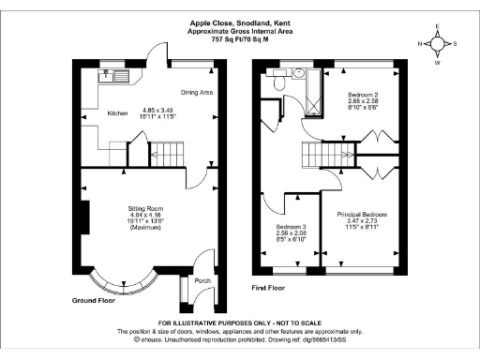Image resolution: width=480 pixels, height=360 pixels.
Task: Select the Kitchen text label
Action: [x=117, y=113]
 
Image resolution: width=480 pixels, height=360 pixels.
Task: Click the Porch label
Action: [x=202, y=280]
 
